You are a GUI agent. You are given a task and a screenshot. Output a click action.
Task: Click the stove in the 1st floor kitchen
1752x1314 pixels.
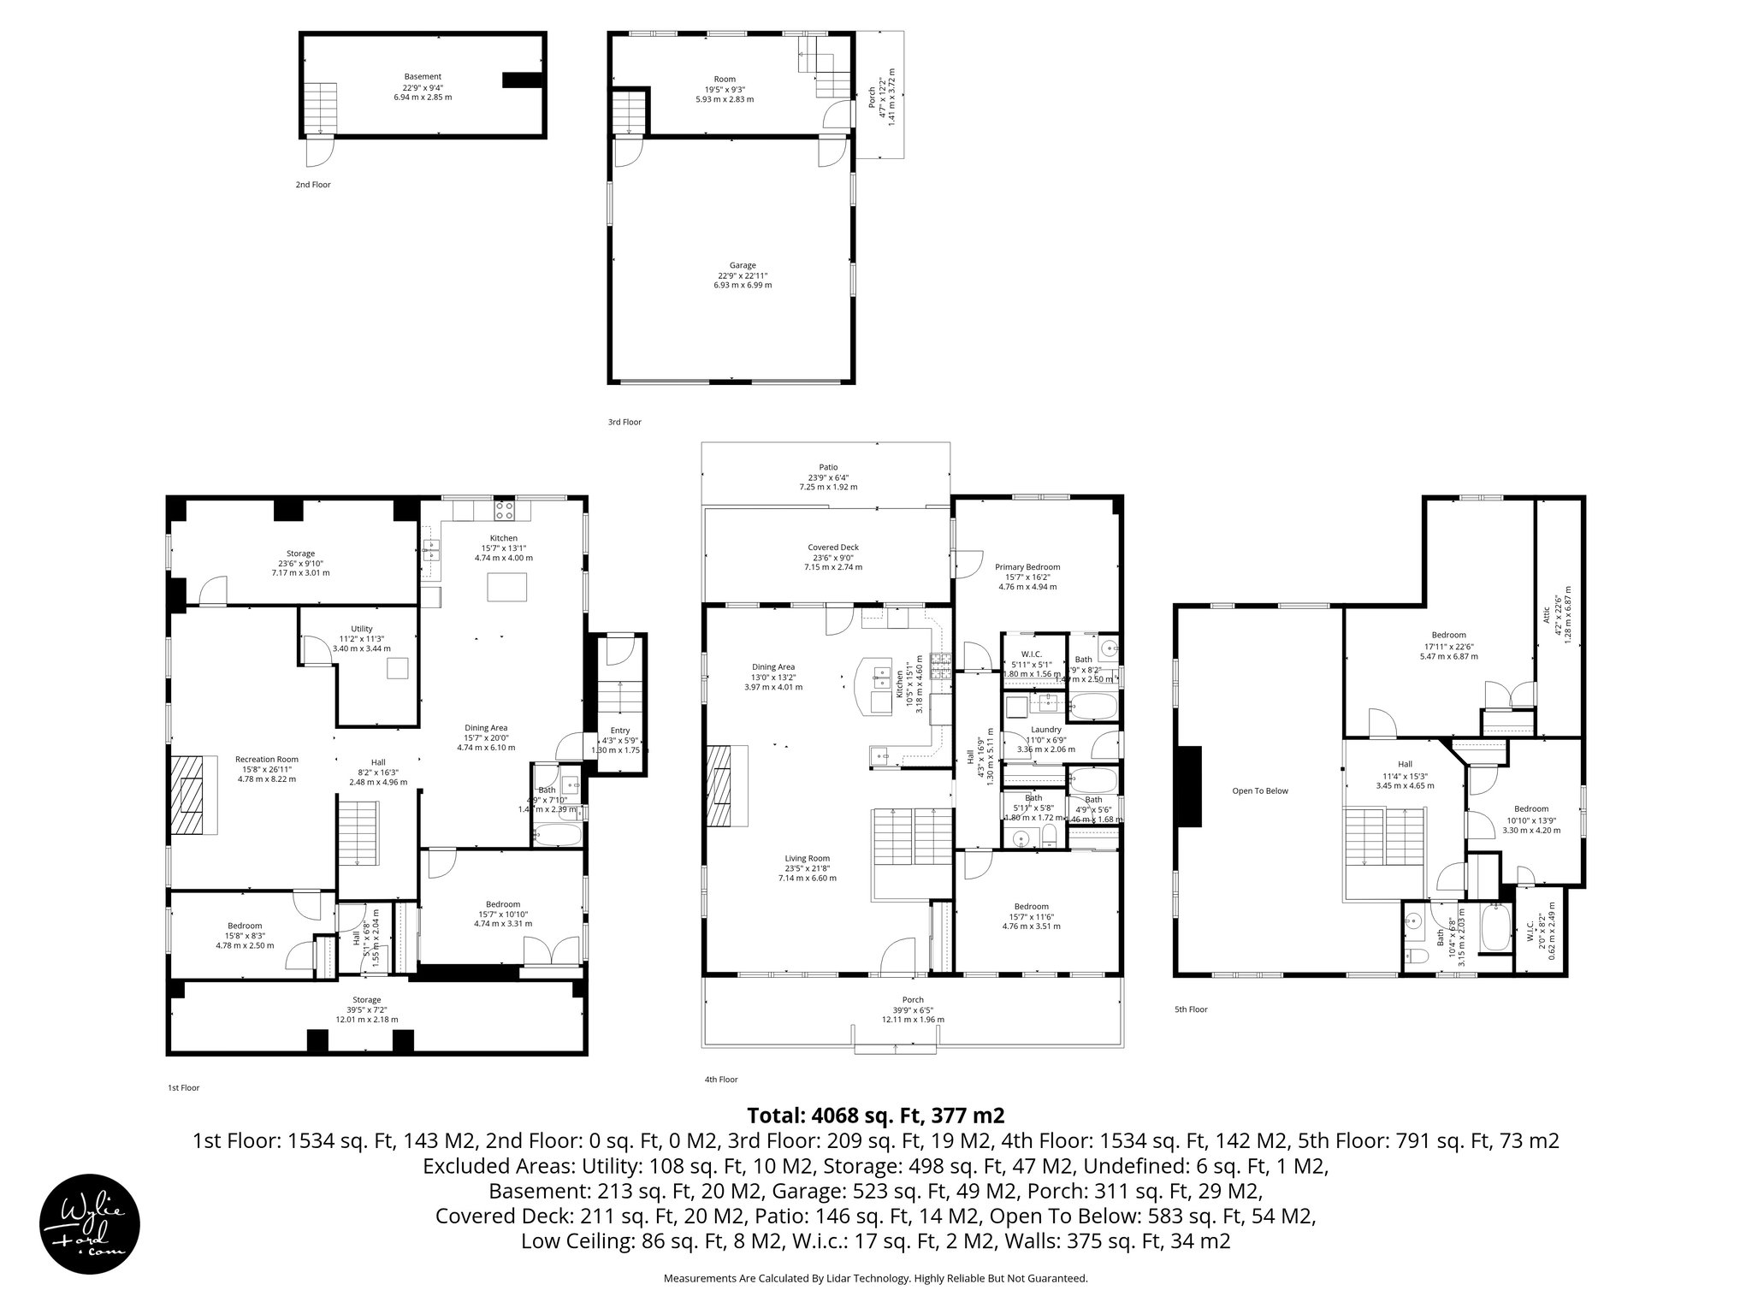tap(505, 511)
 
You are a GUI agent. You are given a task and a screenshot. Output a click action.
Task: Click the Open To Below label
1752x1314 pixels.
tap(1259, 790)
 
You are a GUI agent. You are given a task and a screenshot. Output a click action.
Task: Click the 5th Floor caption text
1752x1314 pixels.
tap(1191, 1009)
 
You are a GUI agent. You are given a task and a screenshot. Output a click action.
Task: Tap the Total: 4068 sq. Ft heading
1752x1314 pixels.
tap(875, 1116)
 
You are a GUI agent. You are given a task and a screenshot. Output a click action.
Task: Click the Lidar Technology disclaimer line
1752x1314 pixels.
tap(875, 1278)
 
